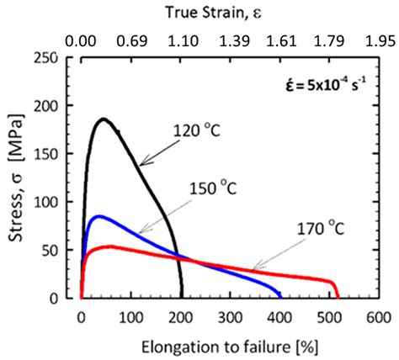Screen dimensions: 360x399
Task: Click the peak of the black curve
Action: (104, 119)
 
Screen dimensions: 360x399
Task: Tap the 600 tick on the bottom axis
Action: (379, 317)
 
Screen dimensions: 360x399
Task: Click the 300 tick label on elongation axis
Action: (230, 317)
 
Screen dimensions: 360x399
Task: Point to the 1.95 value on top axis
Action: (379, 39)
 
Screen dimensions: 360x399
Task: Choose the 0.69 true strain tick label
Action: (130, 39)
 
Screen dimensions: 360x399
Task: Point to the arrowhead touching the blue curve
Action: (140, 230)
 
